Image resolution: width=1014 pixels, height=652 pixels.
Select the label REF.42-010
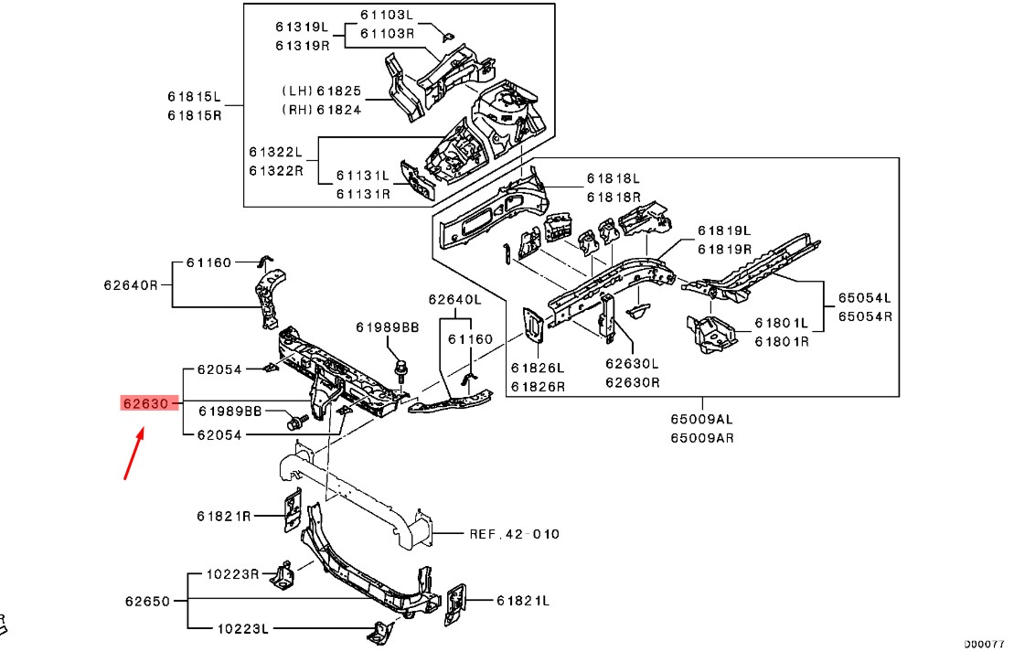pyautogui.click(x=514, y=534)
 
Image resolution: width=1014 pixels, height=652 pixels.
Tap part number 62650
pyautogui.click(x=147, y=602)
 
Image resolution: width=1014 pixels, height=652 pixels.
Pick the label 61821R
pyautogui.click(x=224, y=516)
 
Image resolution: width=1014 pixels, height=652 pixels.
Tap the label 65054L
pyautogui.click(x=866, y=299)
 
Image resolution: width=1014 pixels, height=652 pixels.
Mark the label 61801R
pyautogui.click(x=782, y=341)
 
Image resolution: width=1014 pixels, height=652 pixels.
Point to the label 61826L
pyautogui.click(x=538, y=369)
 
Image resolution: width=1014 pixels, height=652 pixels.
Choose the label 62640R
pyautogui.click(x=130, y=284)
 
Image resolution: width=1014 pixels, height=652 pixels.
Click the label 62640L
pyautogui.click(x=454, y=299)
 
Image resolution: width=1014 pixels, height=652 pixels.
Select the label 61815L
pyautogui.click(x=194, y=97)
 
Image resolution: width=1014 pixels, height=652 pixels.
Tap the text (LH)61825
pyautogui.click(x=321, y=92)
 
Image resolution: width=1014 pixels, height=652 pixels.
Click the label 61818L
pyautogui.click(x=614, y=179)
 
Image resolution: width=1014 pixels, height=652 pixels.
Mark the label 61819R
pyautogui.click(x=724, y=249)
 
